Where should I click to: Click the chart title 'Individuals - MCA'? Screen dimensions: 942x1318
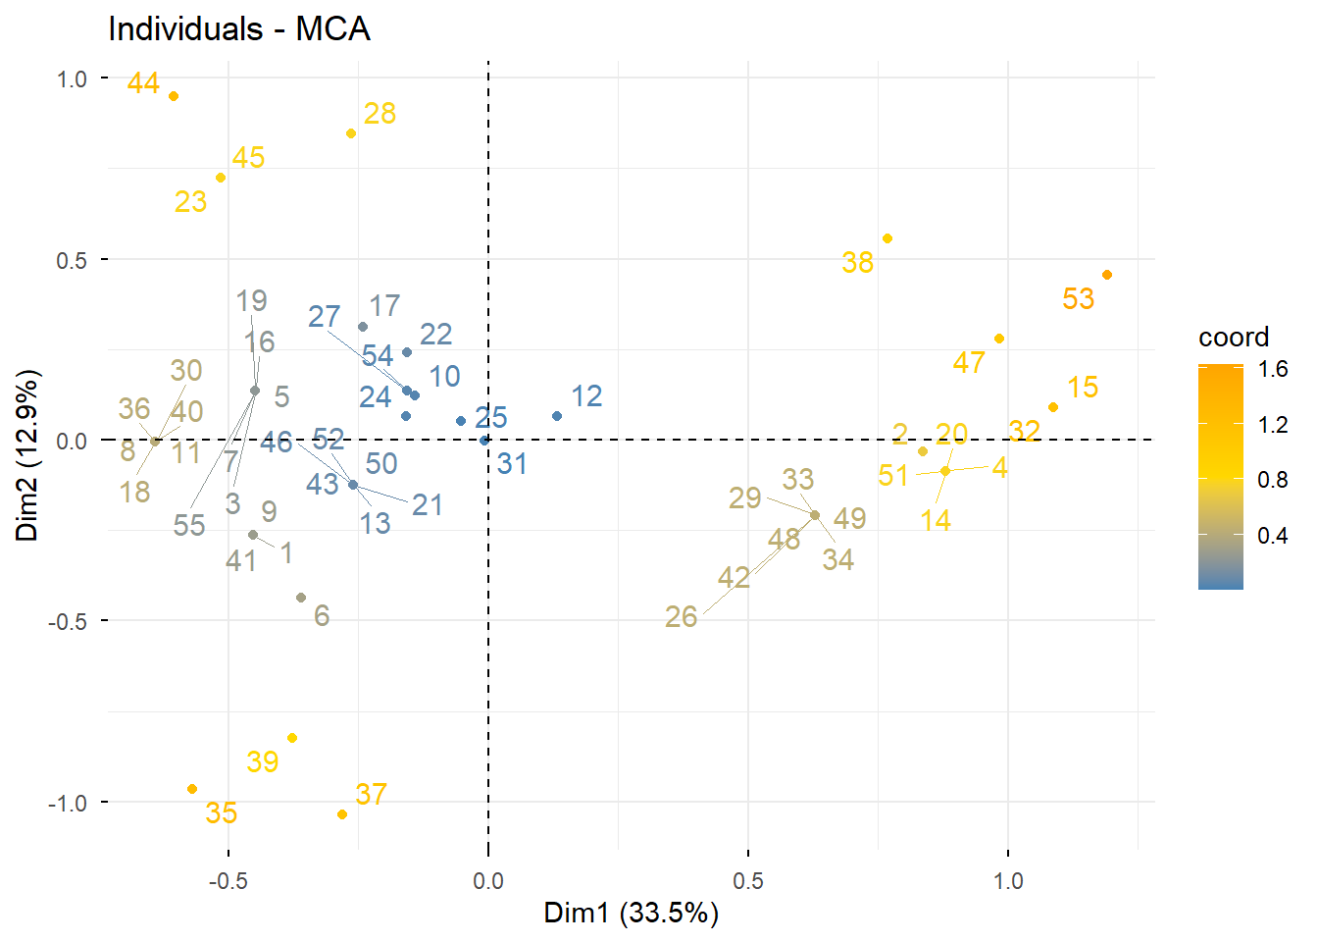[238, 28]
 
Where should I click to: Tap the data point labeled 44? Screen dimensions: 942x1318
[174, 96]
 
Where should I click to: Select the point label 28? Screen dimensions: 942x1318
[380, 114]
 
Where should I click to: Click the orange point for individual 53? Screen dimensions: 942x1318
[1107, 275]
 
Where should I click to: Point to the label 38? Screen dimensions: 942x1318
[857, 263]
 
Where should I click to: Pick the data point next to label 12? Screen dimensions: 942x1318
[557, 416]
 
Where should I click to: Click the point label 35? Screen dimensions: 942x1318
[222, 813]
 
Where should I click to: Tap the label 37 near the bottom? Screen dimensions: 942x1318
[371, 794]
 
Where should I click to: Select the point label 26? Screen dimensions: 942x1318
[681, 617]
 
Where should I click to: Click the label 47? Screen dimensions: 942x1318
[968, 363]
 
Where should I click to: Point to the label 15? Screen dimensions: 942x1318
[1083, 388]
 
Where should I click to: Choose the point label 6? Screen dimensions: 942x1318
[322, 616]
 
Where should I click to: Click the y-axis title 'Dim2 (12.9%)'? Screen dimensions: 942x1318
[26, 454]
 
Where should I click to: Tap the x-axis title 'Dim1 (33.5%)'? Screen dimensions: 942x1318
[631, 914]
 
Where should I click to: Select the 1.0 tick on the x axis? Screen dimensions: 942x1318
[1007, 880]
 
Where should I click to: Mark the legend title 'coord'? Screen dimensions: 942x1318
[1233, 338]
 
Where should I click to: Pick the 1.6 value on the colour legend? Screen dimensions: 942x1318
[1273, 369]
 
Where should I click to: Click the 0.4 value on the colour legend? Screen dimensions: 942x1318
[1273, 536]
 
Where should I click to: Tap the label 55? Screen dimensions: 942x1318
[189, 526]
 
